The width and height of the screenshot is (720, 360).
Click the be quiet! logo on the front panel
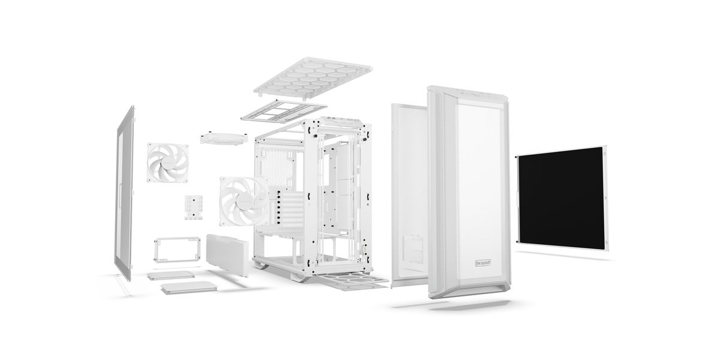483,263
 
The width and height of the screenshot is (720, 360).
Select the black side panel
561,199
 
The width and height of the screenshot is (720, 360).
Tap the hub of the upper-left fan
168,163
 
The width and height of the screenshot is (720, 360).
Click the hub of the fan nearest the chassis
244,202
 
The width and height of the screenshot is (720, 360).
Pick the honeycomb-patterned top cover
313,77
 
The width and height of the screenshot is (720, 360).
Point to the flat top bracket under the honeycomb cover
284,111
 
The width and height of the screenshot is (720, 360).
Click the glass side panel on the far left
124,193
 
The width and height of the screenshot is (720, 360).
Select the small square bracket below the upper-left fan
193,206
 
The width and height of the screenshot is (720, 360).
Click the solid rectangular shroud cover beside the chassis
227,255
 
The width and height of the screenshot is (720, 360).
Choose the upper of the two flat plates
171,275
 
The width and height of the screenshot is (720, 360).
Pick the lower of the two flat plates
189,287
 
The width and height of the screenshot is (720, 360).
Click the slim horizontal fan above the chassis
224,139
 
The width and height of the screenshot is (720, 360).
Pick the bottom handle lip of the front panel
470,291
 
